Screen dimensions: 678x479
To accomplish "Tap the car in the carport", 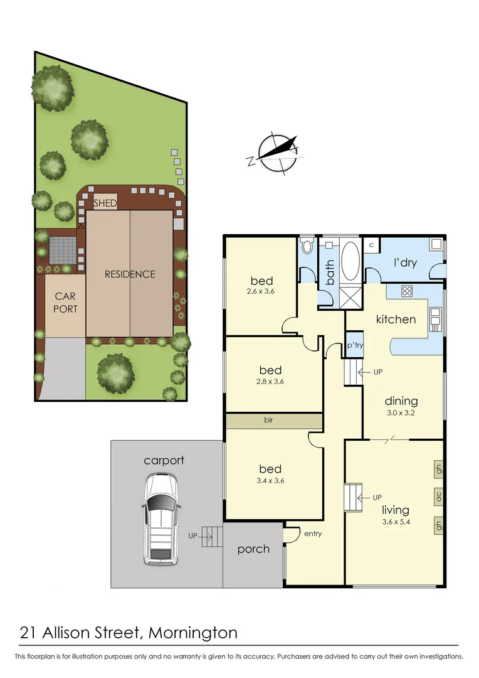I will [x=161, y=519].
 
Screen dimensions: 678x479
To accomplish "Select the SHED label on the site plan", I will [x=105, y=203].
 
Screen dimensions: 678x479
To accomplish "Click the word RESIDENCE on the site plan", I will [x=130, y=274].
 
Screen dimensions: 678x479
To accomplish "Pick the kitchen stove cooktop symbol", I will [x=406, y=291].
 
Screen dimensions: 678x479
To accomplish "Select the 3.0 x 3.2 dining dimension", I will [x=401, y=413].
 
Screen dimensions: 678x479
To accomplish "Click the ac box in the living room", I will [x=438, y=496].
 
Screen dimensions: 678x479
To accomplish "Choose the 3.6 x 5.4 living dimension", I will [x=395, y=522].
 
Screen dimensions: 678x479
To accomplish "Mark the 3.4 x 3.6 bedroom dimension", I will [x=266, y=481].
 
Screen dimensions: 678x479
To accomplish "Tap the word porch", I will [x=253, y=549].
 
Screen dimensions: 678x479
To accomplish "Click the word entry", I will [x=313, y=534].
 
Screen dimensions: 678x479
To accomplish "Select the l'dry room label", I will [x=405, y=262].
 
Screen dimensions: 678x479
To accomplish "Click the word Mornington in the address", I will [x=193, y=632].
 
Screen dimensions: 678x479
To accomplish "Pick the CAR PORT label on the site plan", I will [x=66, y=302].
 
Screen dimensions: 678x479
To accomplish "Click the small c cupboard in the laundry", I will [x=371, y=245].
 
